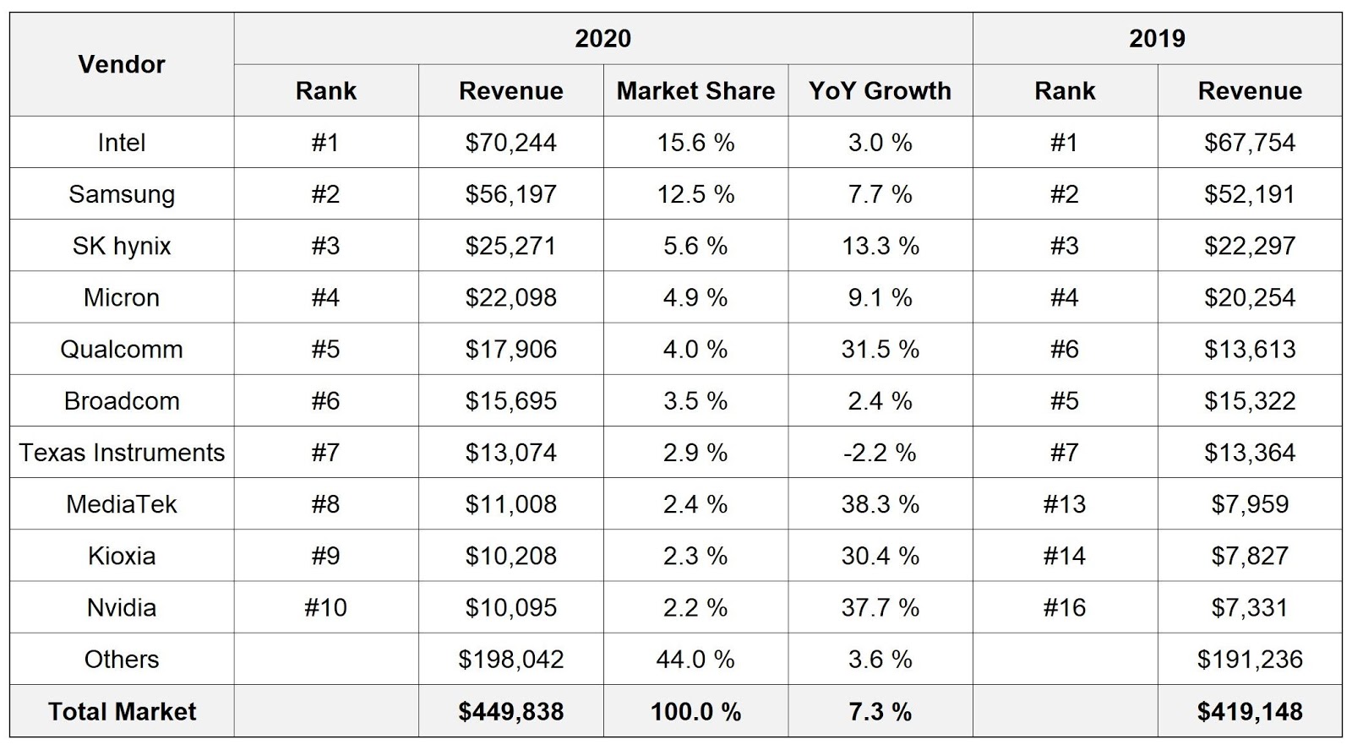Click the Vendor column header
(122, 64)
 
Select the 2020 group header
(602, 38)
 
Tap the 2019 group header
(1157, 38)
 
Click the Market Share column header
(695, 90)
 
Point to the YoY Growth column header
(880, 90)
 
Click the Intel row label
(122, 142)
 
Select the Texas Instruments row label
(122, 453)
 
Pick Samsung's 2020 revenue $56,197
(510, 194)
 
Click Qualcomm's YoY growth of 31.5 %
(880, 349)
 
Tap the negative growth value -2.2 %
(880, 453)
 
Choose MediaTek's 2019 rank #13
(1064, 504)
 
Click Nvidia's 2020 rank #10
(325, 607)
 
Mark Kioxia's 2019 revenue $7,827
(1250, 556)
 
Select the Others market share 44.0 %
(695, 659)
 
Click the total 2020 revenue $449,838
(510, 711)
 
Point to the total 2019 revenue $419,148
(1250, 711)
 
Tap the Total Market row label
(122, 711)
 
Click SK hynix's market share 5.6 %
(695, 246)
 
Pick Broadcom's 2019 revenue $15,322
(1250, 400)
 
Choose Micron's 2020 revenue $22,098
(510, 297)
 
